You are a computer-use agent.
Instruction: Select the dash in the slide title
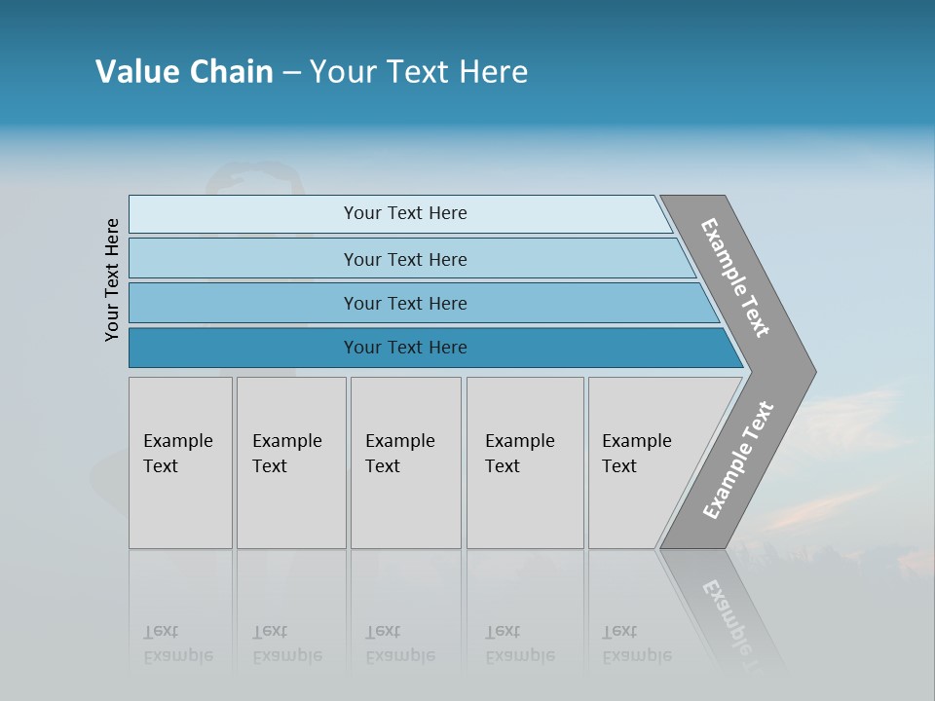tap(291, 73)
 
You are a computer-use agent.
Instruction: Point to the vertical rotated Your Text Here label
tap(112, 279)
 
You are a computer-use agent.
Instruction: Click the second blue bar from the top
tap(405, 259)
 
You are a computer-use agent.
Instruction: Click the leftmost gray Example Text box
tap(180, 462)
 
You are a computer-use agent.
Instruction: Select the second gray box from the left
tap(291, 462)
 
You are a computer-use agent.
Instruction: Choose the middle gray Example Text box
tap(405, 462)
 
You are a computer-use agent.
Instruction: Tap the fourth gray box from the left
tap(525, 462)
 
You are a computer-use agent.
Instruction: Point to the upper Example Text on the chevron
tap(735, 277)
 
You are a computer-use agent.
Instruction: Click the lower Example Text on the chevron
tap(737, 461)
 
